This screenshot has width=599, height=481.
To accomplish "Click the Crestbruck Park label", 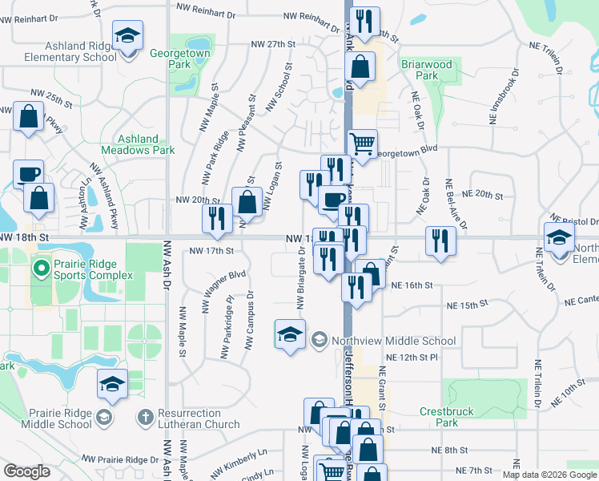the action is click(x=447, y=418).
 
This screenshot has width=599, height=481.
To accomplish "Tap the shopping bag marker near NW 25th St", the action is click(x=29, y=116).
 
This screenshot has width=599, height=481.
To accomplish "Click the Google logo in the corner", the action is click(x=26, y=471).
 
